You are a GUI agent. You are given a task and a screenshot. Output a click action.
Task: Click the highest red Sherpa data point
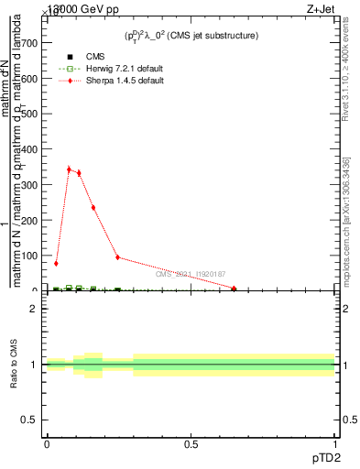click(69, 169)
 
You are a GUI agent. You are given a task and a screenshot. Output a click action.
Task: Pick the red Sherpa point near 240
click(93, 207)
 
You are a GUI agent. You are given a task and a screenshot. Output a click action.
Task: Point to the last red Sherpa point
click(235, 289)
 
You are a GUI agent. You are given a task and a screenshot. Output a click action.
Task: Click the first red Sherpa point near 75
click(57, 264)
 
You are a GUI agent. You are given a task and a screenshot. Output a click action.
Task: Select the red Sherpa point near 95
click(117, 257)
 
